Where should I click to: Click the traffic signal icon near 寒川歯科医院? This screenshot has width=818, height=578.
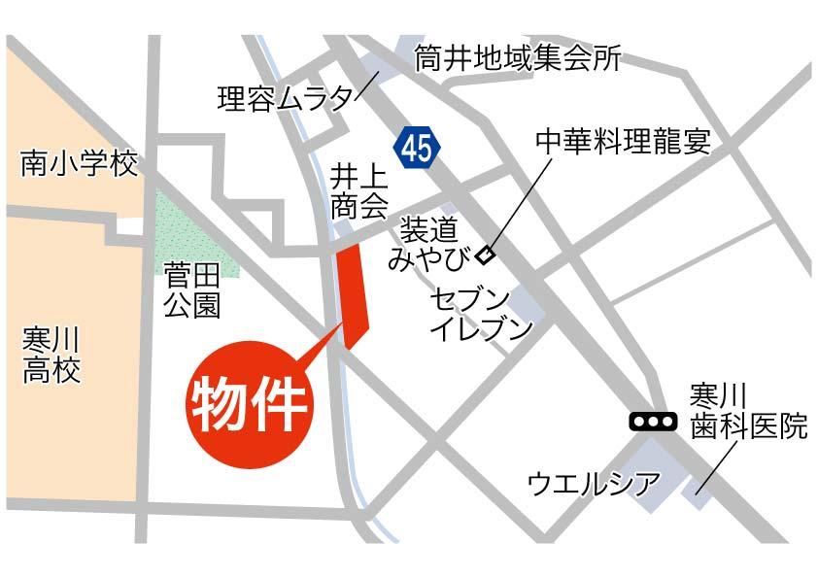pyautogui.click(x=652, y=422)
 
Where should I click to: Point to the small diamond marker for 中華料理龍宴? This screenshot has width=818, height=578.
pyautogui.click(x=485, y=256)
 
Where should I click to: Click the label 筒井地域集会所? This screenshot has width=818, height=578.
pyautogui.click(x=517, y=59)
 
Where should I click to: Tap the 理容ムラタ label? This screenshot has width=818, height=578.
pyautogui.click(x=286, y=98)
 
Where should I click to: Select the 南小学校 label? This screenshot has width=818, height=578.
pyautogui.click(x=81, y=166)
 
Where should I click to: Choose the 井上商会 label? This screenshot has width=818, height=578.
pyautogui.click(x=358, y=191)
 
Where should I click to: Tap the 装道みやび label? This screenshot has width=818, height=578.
pyautogui.click(x=428, y=243)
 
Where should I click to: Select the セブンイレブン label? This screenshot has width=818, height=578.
pyautogui.click(x=481, y=313)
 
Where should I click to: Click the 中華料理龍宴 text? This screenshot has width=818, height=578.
pyautogui.click(x=623, y=142)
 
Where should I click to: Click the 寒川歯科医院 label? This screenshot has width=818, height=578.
pyautogui.click(x=748, y=410)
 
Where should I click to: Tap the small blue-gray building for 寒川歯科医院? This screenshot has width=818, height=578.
pyautogui.click(x=697, y=493)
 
